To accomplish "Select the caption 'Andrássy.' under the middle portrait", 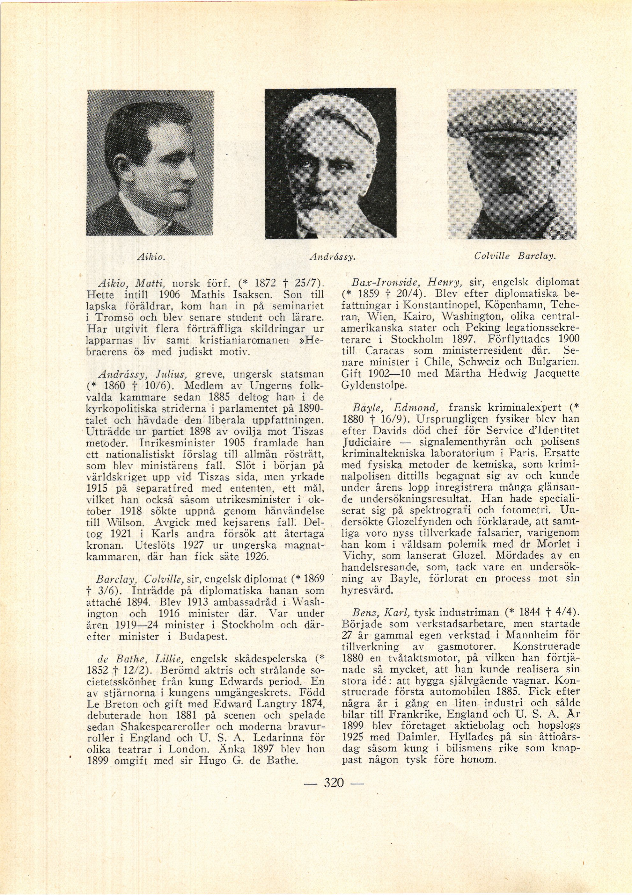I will pos(332,257).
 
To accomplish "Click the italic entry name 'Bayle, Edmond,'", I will pos(395,408).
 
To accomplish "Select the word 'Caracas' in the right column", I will pos(385,350).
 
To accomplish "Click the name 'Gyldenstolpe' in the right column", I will pos(374,385).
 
